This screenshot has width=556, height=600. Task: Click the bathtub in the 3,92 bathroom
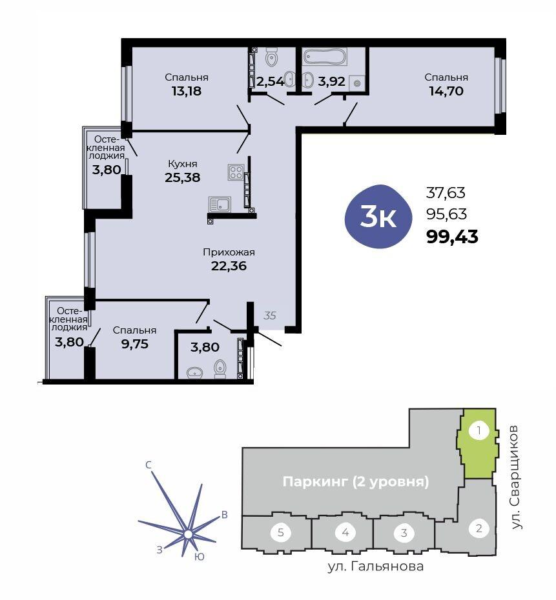(325, 57)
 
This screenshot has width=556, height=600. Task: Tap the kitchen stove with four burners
(236, 172)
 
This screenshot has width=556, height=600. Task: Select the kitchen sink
(220, 205)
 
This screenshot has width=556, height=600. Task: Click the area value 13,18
(187, 91)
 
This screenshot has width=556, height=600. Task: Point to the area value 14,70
(446, 91)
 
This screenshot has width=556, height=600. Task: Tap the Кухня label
(183, 164)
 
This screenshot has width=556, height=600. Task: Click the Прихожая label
(229, 252)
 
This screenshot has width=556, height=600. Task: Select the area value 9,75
(134, 344)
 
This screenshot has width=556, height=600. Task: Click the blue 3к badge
(378, 217)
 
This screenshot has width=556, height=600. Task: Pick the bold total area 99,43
(452, 237)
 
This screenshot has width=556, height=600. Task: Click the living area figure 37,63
(446, 193)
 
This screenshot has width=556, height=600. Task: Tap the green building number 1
(479, 431)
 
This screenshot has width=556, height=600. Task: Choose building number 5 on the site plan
(281, 532)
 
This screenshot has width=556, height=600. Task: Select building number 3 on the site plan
(404, 533)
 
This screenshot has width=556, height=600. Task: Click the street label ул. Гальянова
(376, 566)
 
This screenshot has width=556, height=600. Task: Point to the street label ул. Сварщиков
(516, 477)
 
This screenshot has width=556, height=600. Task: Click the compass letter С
(149, 465)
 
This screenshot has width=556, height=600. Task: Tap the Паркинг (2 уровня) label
(356, 481)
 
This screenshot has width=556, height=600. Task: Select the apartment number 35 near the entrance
(270, 315)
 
